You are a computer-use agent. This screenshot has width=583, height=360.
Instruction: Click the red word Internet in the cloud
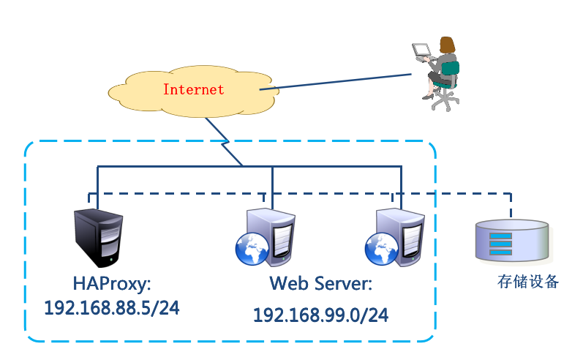pyautogui.click(x=193, y=90)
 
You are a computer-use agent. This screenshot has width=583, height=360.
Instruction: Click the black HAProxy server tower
pyautogui.click(x=99, y=239)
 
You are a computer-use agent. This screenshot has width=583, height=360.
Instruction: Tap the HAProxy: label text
pyautogui.click(x=110, y=283)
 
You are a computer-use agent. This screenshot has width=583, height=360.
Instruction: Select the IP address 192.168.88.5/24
pyautogui.click(x=111, y=308)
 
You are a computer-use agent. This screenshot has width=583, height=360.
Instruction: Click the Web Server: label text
pyautogui.click(x=320, y=284)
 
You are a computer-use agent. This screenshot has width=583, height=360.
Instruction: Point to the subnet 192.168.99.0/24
pyautogui.click(x=320, y=315)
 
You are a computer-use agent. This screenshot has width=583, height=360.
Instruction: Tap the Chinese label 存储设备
pyautogui.click(x=527, y=282)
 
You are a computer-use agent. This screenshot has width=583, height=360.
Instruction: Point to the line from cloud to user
pyautogui.click(x=336, y=81)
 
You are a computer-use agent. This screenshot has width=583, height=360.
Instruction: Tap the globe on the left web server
pyautogui.click(x=251, y=248)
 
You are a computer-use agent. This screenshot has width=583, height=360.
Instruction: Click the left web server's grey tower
pyautogui.click(x=274, y=234)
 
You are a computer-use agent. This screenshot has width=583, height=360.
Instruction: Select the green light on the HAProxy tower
pyautogui.click(x=110, y=258)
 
